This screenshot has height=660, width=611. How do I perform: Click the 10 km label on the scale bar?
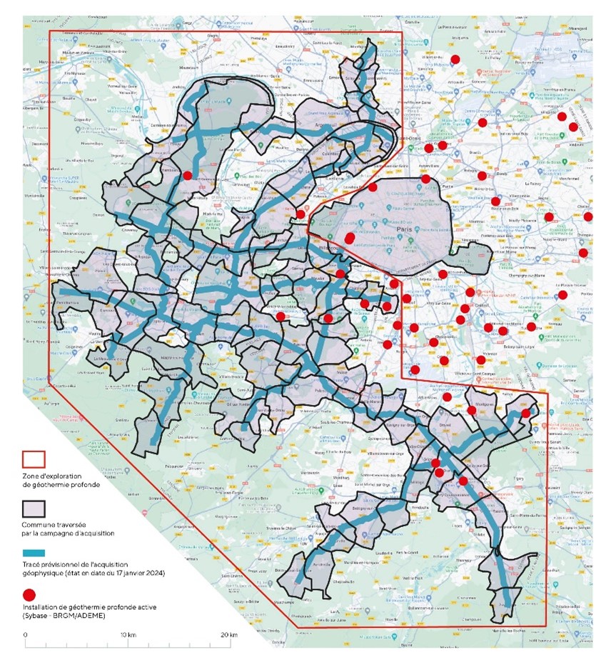point(127,634)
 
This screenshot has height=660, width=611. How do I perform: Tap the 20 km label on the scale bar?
point(228,634)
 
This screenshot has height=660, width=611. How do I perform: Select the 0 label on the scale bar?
point(25,634)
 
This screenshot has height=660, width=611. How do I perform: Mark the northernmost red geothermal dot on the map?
point(455,59)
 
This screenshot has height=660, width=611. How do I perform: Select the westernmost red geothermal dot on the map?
point(187,175)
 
